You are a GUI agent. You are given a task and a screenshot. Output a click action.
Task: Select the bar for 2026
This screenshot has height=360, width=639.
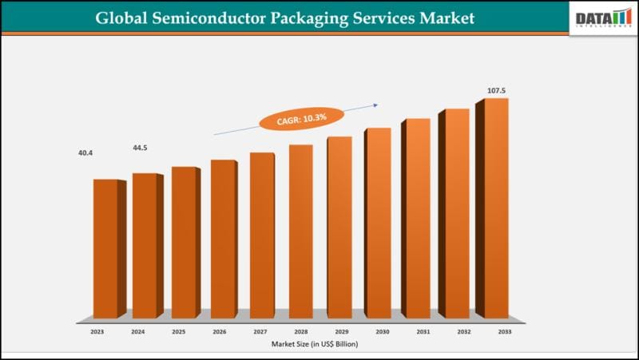[224, 239]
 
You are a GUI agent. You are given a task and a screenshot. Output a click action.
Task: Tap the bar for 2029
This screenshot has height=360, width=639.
[340, 227]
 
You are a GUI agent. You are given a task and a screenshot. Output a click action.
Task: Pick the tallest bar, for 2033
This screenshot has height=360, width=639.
[495, 208]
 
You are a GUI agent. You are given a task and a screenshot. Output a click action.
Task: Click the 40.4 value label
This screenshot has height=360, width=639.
[85, 152]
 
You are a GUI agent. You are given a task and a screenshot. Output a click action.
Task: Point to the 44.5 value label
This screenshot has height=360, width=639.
[141, 148]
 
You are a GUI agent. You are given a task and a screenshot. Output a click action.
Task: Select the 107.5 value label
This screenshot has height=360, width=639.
[498, 91]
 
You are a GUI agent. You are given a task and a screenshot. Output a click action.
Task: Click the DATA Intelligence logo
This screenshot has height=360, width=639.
[603, 18]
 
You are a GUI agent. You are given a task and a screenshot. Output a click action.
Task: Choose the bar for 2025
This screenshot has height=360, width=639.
[185, 243]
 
